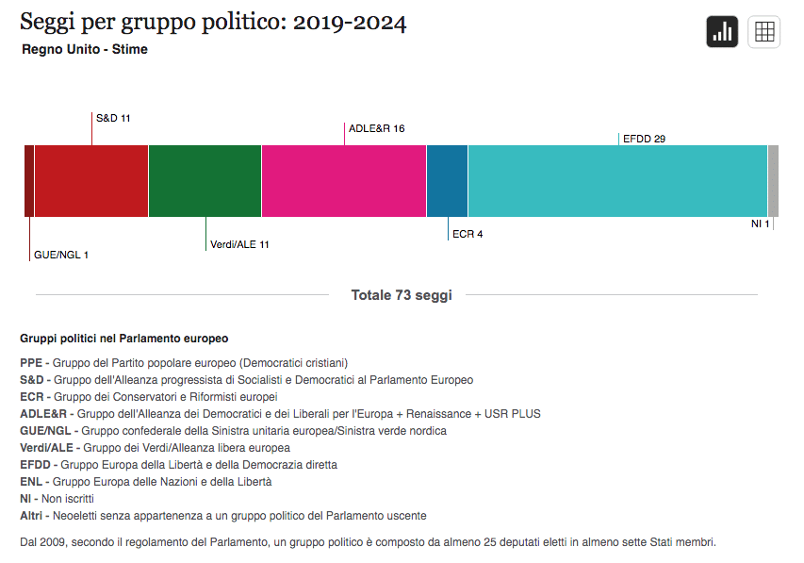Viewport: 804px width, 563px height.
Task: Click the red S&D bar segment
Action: tap(91, 181)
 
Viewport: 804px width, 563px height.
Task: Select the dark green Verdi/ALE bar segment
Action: tap(205, 181)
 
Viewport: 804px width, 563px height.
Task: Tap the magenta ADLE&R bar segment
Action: tap(344, 181)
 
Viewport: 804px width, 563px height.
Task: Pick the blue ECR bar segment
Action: tap(448, 181)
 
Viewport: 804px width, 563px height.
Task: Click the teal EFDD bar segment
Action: tap(617, 181)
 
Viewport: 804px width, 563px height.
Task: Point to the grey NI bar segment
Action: tap(773, 181)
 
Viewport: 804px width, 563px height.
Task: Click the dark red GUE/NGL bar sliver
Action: tap(29, 181)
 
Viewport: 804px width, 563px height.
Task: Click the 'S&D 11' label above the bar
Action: tap(113, 119)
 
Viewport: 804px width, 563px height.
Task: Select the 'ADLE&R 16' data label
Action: tap(376, 129)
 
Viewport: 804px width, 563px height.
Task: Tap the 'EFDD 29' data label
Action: tap(645, 140)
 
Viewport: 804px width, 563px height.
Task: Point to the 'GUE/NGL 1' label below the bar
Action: tap(61, 256)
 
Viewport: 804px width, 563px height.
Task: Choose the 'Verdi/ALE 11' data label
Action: tap(239, 245)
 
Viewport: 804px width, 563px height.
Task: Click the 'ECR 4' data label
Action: tap(468, 235)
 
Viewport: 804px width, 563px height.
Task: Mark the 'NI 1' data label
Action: tap(761, 224)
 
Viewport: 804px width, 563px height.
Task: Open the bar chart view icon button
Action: tap(723, 32)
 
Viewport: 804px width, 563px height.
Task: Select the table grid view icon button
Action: tap(764, 32)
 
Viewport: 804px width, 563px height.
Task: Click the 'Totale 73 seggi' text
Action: tap(402, 295)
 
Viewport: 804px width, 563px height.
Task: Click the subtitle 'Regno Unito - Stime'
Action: tap(85, 50)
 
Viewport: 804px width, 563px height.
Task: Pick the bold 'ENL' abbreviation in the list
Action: tap(31, 482)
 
